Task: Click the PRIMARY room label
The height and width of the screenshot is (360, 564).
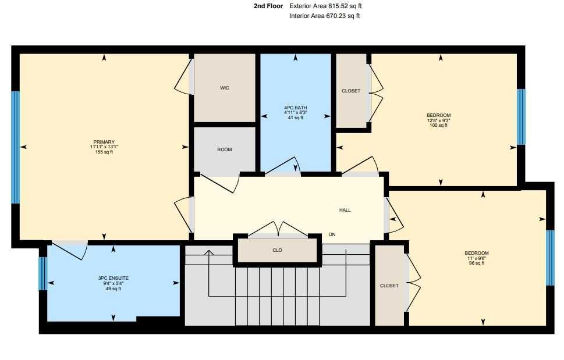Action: pos(104,142)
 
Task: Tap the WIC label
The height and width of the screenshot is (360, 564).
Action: pos(224,88)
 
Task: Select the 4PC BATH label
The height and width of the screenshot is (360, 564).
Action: pos(295,108)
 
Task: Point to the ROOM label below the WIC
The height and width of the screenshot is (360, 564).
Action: pos(224,149)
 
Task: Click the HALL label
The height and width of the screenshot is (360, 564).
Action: pos(345,210)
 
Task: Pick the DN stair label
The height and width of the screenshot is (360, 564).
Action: pos(332,234)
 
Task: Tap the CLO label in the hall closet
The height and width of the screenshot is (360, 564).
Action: pos(277,250)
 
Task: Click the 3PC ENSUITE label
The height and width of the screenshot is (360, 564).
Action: pos(113,278)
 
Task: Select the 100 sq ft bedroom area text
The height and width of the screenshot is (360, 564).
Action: pos(438,125)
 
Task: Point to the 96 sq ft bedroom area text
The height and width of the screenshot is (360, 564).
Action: pos(476,263)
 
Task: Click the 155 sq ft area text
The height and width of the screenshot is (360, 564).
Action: pos(104,152)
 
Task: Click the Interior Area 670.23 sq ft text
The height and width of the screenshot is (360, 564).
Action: pos(324,16)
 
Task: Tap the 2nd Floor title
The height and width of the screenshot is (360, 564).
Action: pos(268,6)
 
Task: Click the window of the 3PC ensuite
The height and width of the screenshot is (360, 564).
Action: pos(42,273)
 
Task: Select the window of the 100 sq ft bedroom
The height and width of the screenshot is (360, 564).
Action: pos(521,116)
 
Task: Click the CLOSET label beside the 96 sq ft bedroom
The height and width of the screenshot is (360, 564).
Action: pos(389,286)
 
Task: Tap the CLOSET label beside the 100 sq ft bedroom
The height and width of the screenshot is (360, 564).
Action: pos(350,91)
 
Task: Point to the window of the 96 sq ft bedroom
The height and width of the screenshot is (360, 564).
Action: pos(550,258)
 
